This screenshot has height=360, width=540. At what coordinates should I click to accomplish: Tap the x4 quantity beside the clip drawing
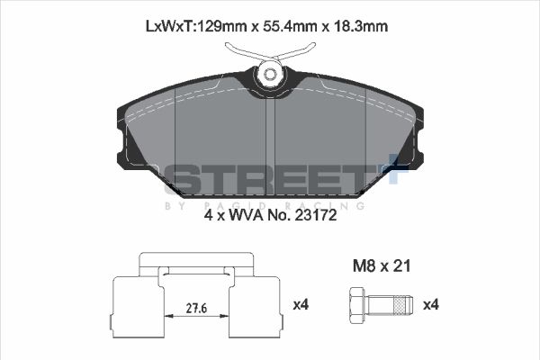click(x=301, y=305)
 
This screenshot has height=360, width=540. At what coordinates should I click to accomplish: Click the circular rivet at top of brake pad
click(x=268, y=76)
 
